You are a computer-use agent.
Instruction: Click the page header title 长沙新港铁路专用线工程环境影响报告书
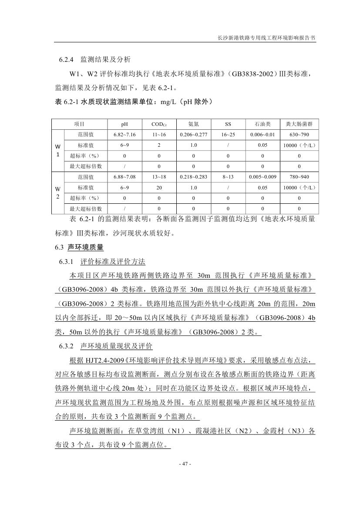tap(266, 38)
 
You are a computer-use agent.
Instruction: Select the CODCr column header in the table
tap(159, 124)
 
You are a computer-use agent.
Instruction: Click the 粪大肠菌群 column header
tap(299, 124)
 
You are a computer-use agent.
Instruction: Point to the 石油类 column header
tap(262, 124)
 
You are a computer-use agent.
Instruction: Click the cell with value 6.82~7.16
tap(124, 135)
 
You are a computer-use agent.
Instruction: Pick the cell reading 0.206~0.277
tap(193, 135)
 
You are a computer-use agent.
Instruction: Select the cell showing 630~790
tap(299, 135)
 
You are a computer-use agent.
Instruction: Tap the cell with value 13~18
tap(159, 177)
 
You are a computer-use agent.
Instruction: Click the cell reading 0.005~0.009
tap(262, 177)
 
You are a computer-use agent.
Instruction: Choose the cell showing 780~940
tap(299, 177)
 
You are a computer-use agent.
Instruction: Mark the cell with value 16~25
tap(228, 135)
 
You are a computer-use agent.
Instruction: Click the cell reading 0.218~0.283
tap(193, 177)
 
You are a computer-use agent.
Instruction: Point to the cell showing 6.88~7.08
tap(124, 177)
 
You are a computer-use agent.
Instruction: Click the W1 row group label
tap(57, 150)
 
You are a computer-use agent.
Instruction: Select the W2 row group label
tap(57, 192)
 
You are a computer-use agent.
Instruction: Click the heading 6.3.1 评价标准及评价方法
tap(102, 262)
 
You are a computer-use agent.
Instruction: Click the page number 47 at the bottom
tap(185, 464)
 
